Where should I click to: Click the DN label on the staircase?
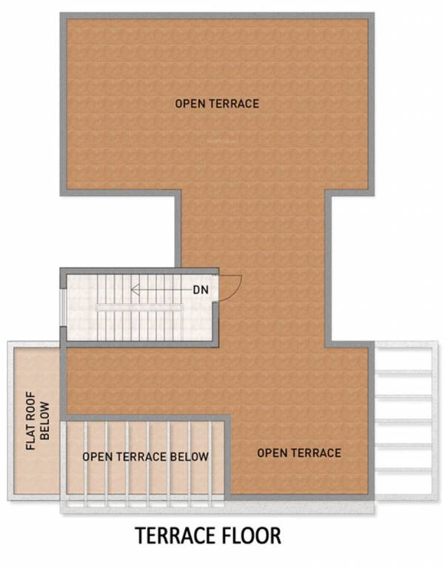pyautogui.click(x=201, y=289)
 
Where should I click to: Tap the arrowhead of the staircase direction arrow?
pyautogui.click(x=134, y=289)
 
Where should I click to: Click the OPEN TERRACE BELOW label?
pyautogui.click(x=145, y=456)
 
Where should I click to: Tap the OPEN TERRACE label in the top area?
pyautogui.click(x=217, y=104)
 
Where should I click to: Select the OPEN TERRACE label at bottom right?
pyautogui.click(x=299, y=452)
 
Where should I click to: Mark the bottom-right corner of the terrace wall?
pyautogui.click(x=370, y=496)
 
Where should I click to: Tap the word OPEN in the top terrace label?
pyautogui.click(x=189, y=104)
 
